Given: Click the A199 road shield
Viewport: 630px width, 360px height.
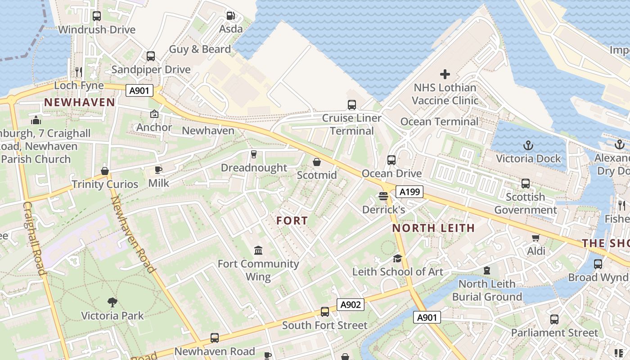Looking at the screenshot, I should [x=409, y=192].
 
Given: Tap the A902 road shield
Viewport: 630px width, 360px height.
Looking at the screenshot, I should [x=351, y=305].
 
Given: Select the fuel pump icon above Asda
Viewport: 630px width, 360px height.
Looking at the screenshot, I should [x=231, y=16].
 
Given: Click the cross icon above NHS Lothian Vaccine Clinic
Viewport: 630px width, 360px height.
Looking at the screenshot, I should [x=445, y=74].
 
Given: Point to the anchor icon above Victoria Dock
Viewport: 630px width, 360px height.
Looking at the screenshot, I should [x=529, y=145].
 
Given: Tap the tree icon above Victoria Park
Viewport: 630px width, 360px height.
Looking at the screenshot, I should [x=112, y=302].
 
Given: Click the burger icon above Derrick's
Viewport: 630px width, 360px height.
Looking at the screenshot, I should [x=383, y=196].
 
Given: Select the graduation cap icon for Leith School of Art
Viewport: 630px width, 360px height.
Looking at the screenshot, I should [x=397, y=258].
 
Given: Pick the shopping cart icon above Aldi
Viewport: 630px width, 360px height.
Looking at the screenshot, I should [x=536, y=238].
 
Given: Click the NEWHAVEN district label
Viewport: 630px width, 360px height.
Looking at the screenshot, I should [x=80, y=102].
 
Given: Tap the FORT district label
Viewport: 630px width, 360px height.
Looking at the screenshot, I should [x=292, y=220].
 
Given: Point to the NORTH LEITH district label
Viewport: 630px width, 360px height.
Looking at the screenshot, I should [x=433, y=228].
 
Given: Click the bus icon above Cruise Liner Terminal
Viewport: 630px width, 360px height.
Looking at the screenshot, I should [x=352, y=105].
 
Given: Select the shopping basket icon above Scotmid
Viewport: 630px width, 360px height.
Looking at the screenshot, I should [x=317, y=162].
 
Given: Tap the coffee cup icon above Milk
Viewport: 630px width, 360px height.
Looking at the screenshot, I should [x=158, y=170].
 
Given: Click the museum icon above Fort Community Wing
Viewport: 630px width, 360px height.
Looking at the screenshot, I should [x=258, y=250].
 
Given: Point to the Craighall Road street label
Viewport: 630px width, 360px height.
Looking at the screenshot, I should [x=35, y=238].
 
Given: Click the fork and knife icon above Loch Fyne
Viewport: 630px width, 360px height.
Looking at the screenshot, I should [x=79, y=72].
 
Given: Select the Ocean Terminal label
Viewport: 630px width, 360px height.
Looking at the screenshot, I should [x=439, y=121].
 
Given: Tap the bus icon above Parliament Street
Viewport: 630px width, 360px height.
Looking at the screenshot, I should [x=554, y=319].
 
